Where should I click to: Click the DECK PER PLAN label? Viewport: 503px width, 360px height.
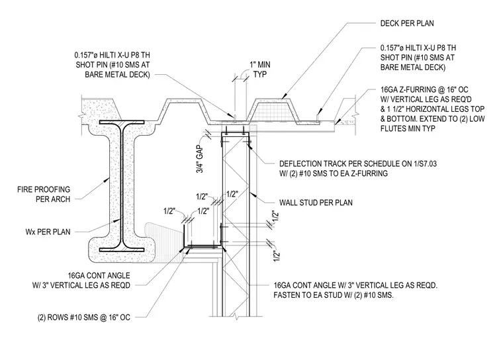click(x=407, y=23)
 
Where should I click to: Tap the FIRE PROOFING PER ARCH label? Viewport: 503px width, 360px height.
click(x=44, y=195)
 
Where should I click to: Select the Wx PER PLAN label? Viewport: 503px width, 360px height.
click(x=48, y=232)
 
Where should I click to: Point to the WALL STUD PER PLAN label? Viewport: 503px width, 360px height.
click(x=316, y=202)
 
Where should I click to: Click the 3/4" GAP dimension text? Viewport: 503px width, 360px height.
click(x=200, y=159)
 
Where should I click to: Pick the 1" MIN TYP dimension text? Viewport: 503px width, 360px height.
click(x=260, y=69)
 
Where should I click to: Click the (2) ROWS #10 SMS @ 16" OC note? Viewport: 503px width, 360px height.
click(x=84, y=318)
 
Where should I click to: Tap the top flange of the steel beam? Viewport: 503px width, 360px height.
click(x=122, y=122)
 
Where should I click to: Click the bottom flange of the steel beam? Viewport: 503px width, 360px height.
click(x=122, y=249)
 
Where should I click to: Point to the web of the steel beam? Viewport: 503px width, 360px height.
click(x=122, y=186)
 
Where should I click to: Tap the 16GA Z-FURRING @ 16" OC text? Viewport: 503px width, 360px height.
click(x=424, y=89)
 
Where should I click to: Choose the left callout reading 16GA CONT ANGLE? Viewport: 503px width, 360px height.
click(x=99, y=275)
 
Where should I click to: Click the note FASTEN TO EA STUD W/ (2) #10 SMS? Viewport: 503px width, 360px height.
click(x=334, y=295)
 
